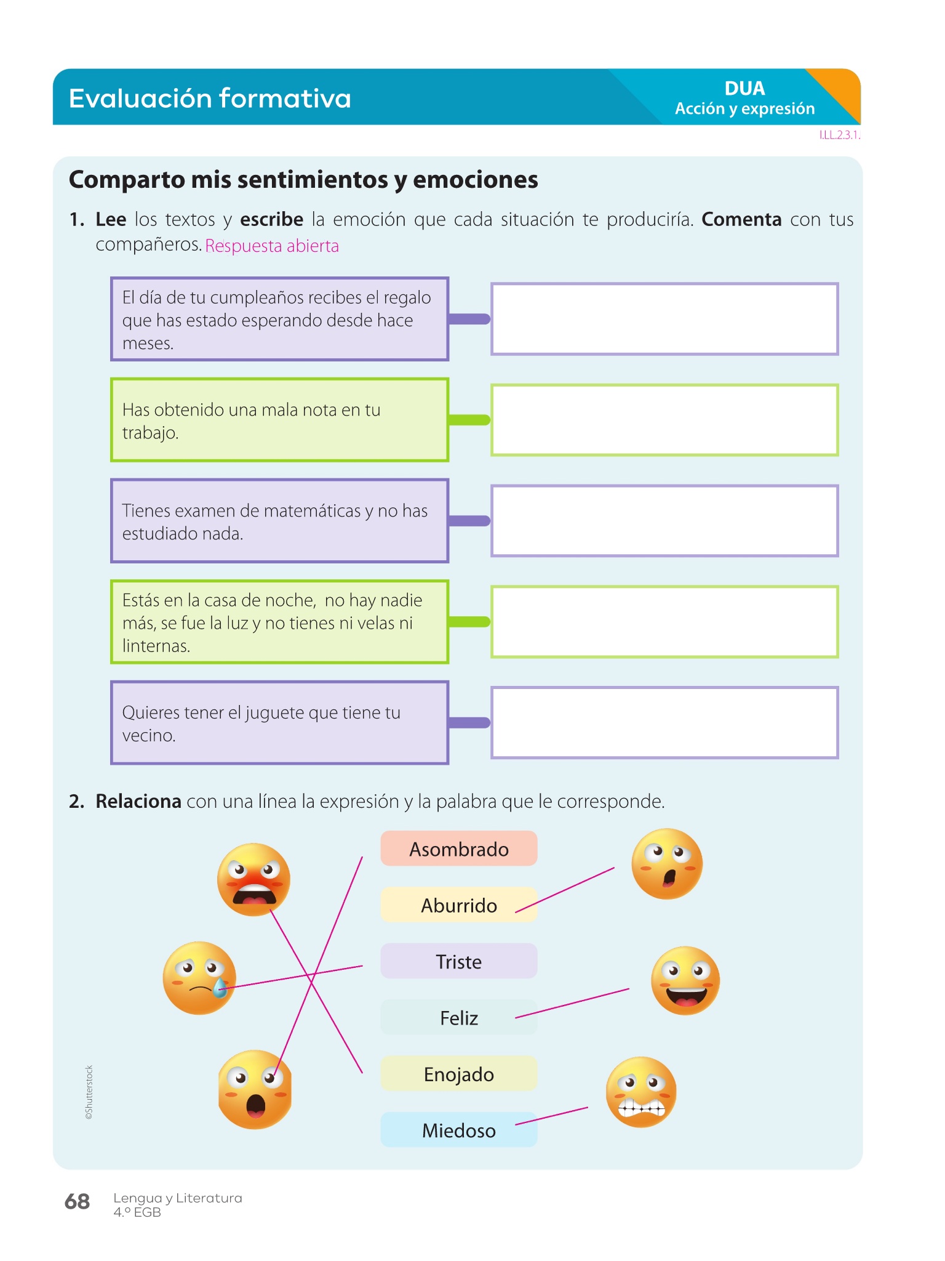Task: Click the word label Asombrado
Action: (459, 849)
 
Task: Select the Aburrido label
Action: (459, 905)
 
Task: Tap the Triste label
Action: (459, 961)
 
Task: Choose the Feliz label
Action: (459, 1018)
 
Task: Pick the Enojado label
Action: (459, 1074)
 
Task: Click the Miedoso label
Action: (459, 1130)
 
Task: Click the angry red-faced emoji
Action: (253, 879)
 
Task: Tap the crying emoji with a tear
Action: (199, 978)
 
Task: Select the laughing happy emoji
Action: (685, 980)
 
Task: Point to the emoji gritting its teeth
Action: (641, 1092)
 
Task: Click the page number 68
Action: (78, 1201)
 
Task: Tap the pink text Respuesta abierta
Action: (272, 246)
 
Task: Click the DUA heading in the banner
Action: (744, 89)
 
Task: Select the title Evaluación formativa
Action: (210, 99)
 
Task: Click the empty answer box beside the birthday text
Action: (664, 319)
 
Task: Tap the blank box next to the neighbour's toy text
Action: (664, 722)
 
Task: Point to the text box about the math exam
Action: (279, 521)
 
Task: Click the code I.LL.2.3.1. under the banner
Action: (839, 135)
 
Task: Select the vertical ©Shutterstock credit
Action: (89, 1092)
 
